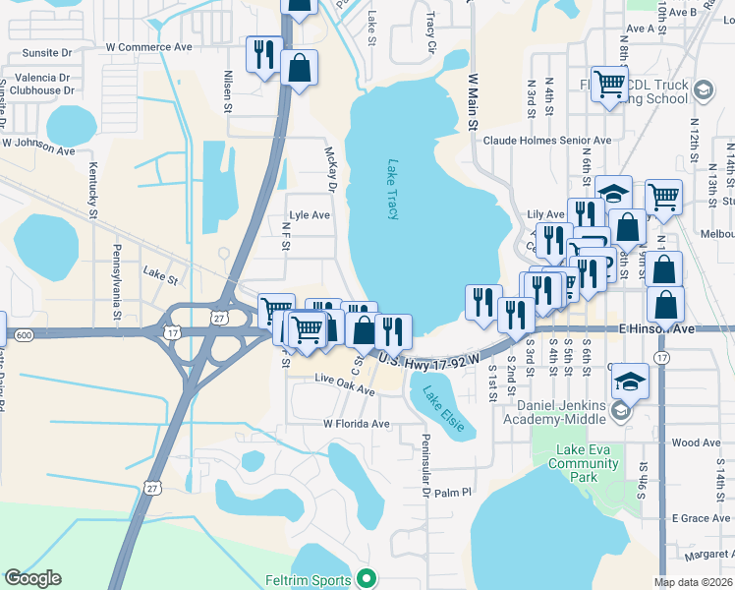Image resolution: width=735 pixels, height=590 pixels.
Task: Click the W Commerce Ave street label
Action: [x=149, y=46]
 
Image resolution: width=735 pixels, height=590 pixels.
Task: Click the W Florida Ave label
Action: [x=357, y=424]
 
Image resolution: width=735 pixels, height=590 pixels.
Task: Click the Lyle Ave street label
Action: [x=309, y=214]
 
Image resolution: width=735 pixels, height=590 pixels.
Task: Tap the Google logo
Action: [x=32, y=578]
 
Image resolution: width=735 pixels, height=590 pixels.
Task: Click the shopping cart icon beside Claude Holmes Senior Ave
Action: [x=609, y=84]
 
